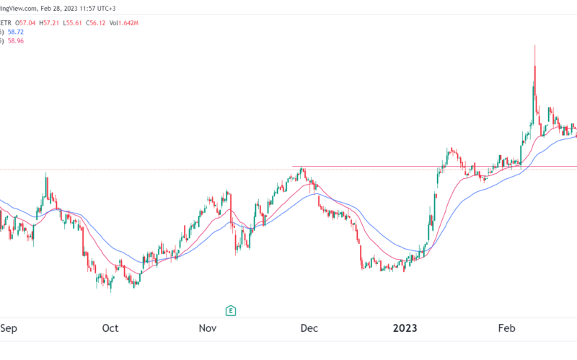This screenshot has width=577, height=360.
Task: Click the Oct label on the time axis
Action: pos(110,328)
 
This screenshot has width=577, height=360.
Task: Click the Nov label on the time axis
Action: pos(208,328)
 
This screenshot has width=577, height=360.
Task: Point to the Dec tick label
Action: pos(309,328)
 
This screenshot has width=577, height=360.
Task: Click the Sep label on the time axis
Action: pos(9,328)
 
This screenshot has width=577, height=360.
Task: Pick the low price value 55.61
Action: pos(95,23)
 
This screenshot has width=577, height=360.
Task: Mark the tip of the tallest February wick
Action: pos(534,45)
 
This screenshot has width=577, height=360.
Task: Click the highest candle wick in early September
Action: pos(46,173)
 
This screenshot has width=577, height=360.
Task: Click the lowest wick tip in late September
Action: pos(110,292)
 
